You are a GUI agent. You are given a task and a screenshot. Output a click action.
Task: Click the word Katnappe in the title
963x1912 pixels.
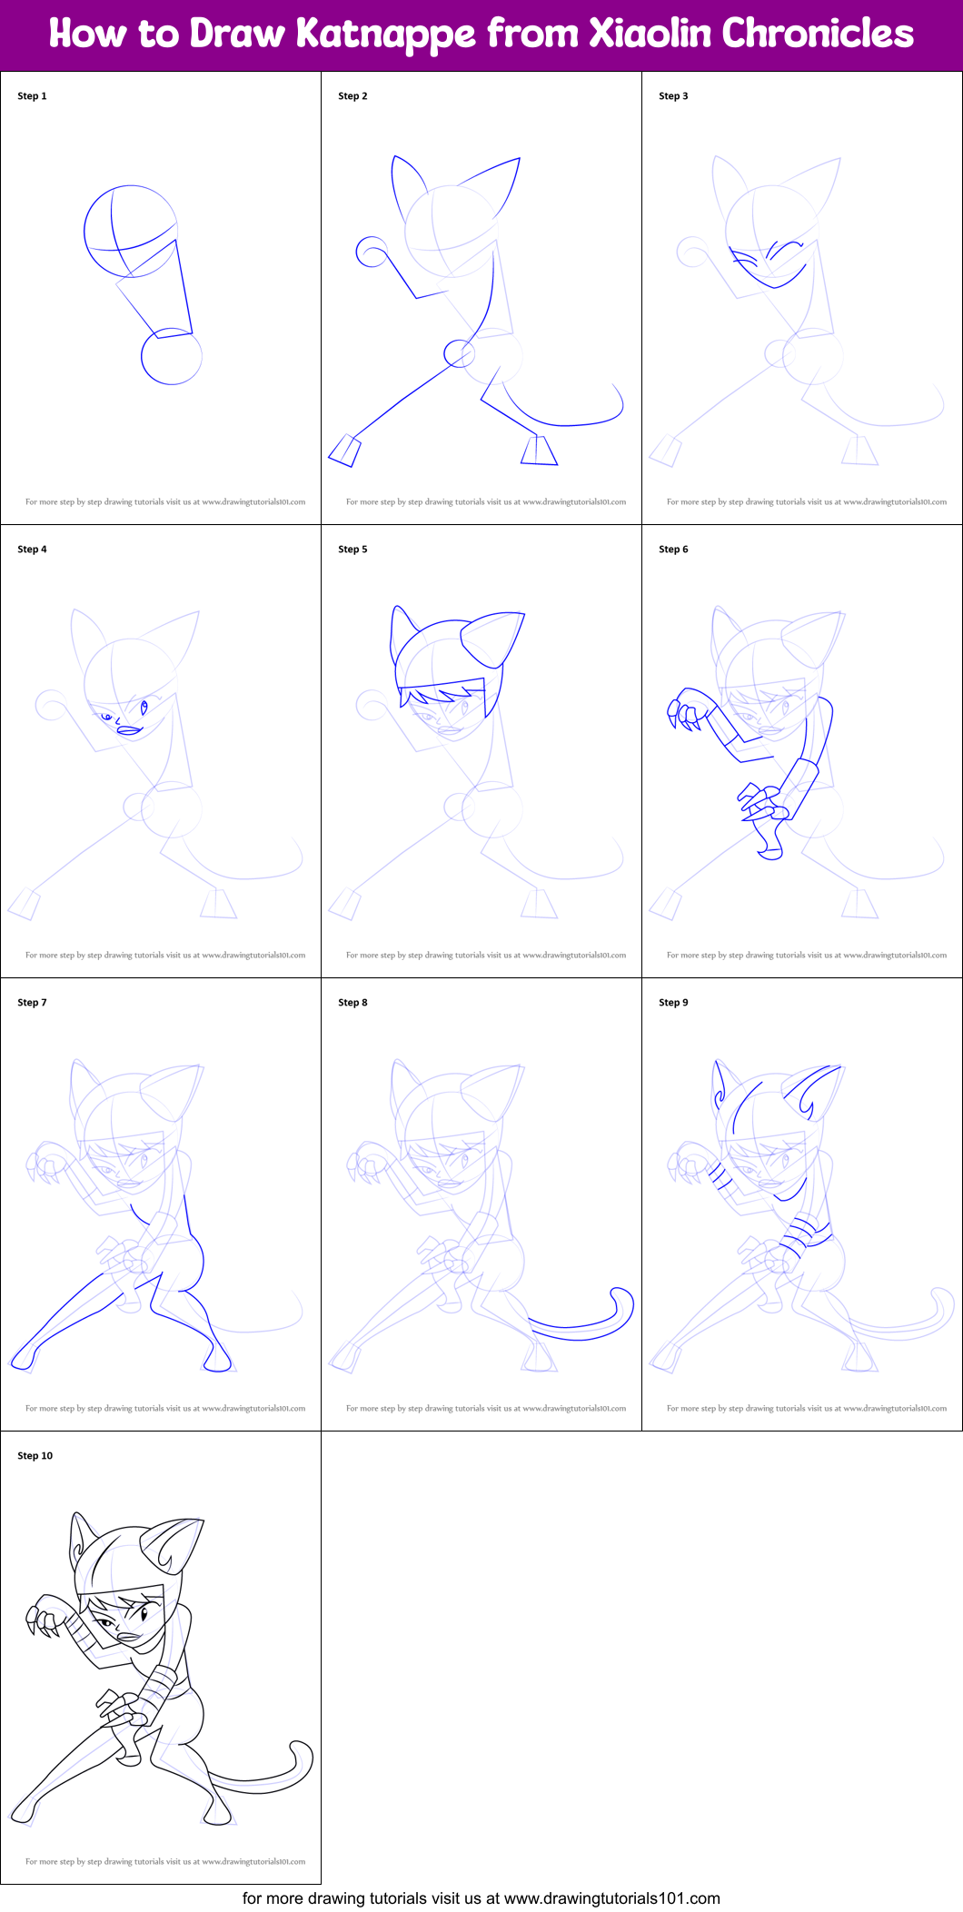(386, 35)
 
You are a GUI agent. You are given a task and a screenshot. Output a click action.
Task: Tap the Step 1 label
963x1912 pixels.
(32, 96)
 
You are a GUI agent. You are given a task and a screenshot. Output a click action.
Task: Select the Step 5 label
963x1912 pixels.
(352, 550)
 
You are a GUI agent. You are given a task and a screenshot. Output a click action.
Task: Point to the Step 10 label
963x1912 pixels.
(35, 1456)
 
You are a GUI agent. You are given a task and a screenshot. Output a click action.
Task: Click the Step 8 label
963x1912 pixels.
(352, 1003)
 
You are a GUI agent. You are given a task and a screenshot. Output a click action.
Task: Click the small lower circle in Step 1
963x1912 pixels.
(171, 357)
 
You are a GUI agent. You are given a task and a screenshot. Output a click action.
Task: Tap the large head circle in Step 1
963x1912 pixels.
(130, 232)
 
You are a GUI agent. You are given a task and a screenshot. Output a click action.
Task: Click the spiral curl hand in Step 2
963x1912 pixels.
(372, 253)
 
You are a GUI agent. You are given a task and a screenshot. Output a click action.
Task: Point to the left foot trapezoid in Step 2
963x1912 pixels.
(344, 451)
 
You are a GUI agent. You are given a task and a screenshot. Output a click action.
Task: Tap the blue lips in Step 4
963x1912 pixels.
(130, 730)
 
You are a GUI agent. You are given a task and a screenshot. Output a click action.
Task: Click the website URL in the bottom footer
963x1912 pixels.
(611, 1898)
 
